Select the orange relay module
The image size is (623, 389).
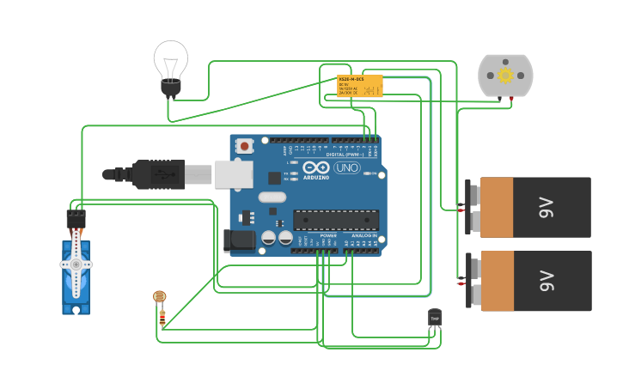coord(359,86)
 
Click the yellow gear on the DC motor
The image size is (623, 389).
coord(505,75)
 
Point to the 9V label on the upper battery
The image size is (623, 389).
coord(547,208)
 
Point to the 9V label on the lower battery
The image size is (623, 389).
coord(547,281)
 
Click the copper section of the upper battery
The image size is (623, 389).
coord(497,207)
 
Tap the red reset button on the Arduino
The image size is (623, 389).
coord(245,146)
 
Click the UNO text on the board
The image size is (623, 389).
coord(346,167)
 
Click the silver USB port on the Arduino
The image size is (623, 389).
coord(233,174)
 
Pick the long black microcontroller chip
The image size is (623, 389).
coord(335,220)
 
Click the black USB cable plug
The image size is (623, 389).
coord(155,174)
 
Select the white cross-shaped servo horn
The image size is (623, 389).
coord(76,264)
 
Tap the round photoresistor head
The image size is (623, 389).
coord(160,296)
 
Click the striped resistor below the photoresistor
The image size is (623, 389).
coord(162,318)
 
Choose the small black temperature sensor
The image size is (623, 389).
coord(435,317)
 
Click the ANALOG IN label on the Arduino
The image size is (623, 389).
coord(363,234)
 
